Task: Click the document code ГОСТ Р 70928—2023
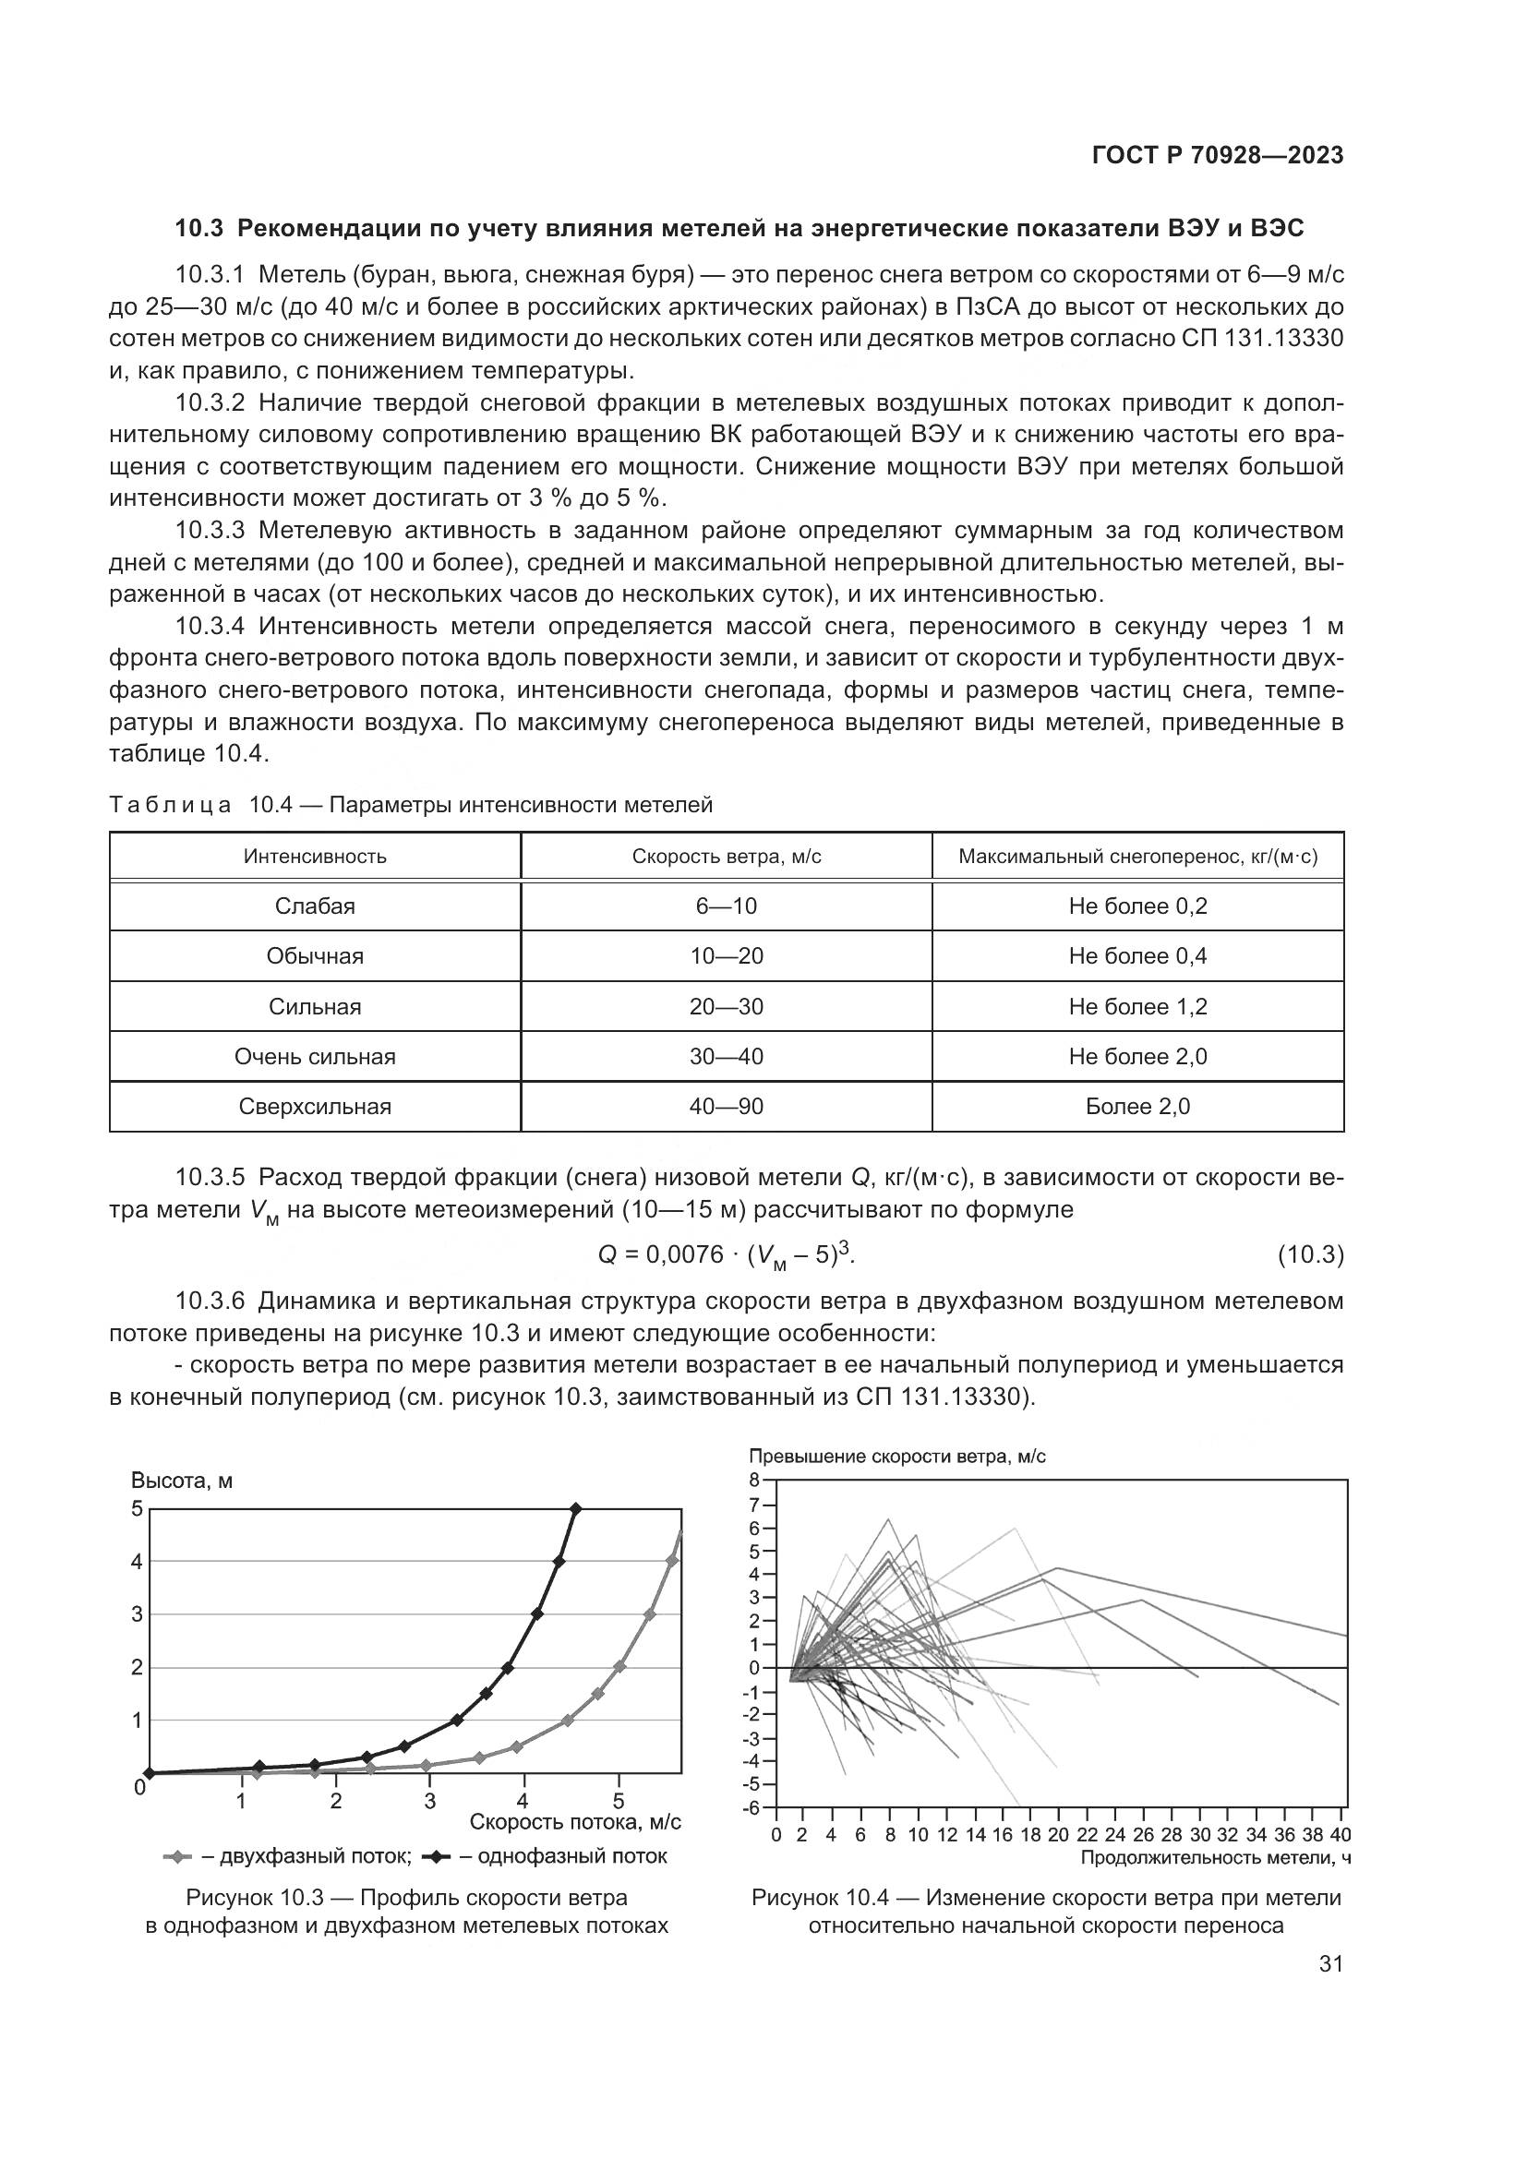click(x=1218, y=156)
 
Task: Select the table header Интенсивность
click(x=315, y=857)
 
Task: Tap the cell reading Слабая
click(x=315, y=906)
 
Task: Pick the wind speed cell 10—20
click(x=726, y=956)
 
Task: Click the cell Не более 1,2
click(x=1137, y=1007)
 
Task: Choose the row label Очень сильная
click(x=315, y=1057)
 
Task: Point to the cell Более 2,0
click(x=1137, y=1107)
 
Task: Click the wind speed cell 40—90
click(x=726, y=1107)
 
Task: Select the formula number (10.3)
click(x=1310, y=1254)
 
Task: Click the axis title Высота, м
click(x=182, y=1481)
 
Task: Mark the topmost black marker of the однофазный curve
click(x=576, y=1509)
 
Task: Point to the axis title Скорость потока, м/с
click(x=574, y=1822)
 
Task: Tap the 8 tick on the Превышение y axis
click(x=754, y=1479)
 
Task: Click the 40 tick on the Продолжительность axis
click(x=1341, y=1835)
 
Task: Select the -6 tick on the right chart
click(x=751, y=1807)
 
